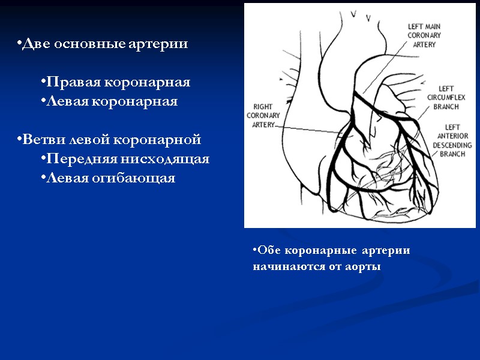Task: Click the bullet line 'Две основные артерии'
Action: click(102, 44)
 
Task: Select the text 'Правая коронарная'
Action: click(118, 82)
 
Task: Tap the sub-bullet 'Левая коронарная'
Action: click(112, 101)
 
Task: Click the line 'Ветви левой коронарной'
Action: click(109, 140)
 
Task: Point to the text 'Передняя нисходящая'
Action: click(128, 159)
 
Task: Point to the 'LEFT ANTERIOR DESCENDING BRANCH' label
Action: click(452, 140)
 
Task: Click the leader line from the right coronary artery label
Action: click(312, 128)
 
